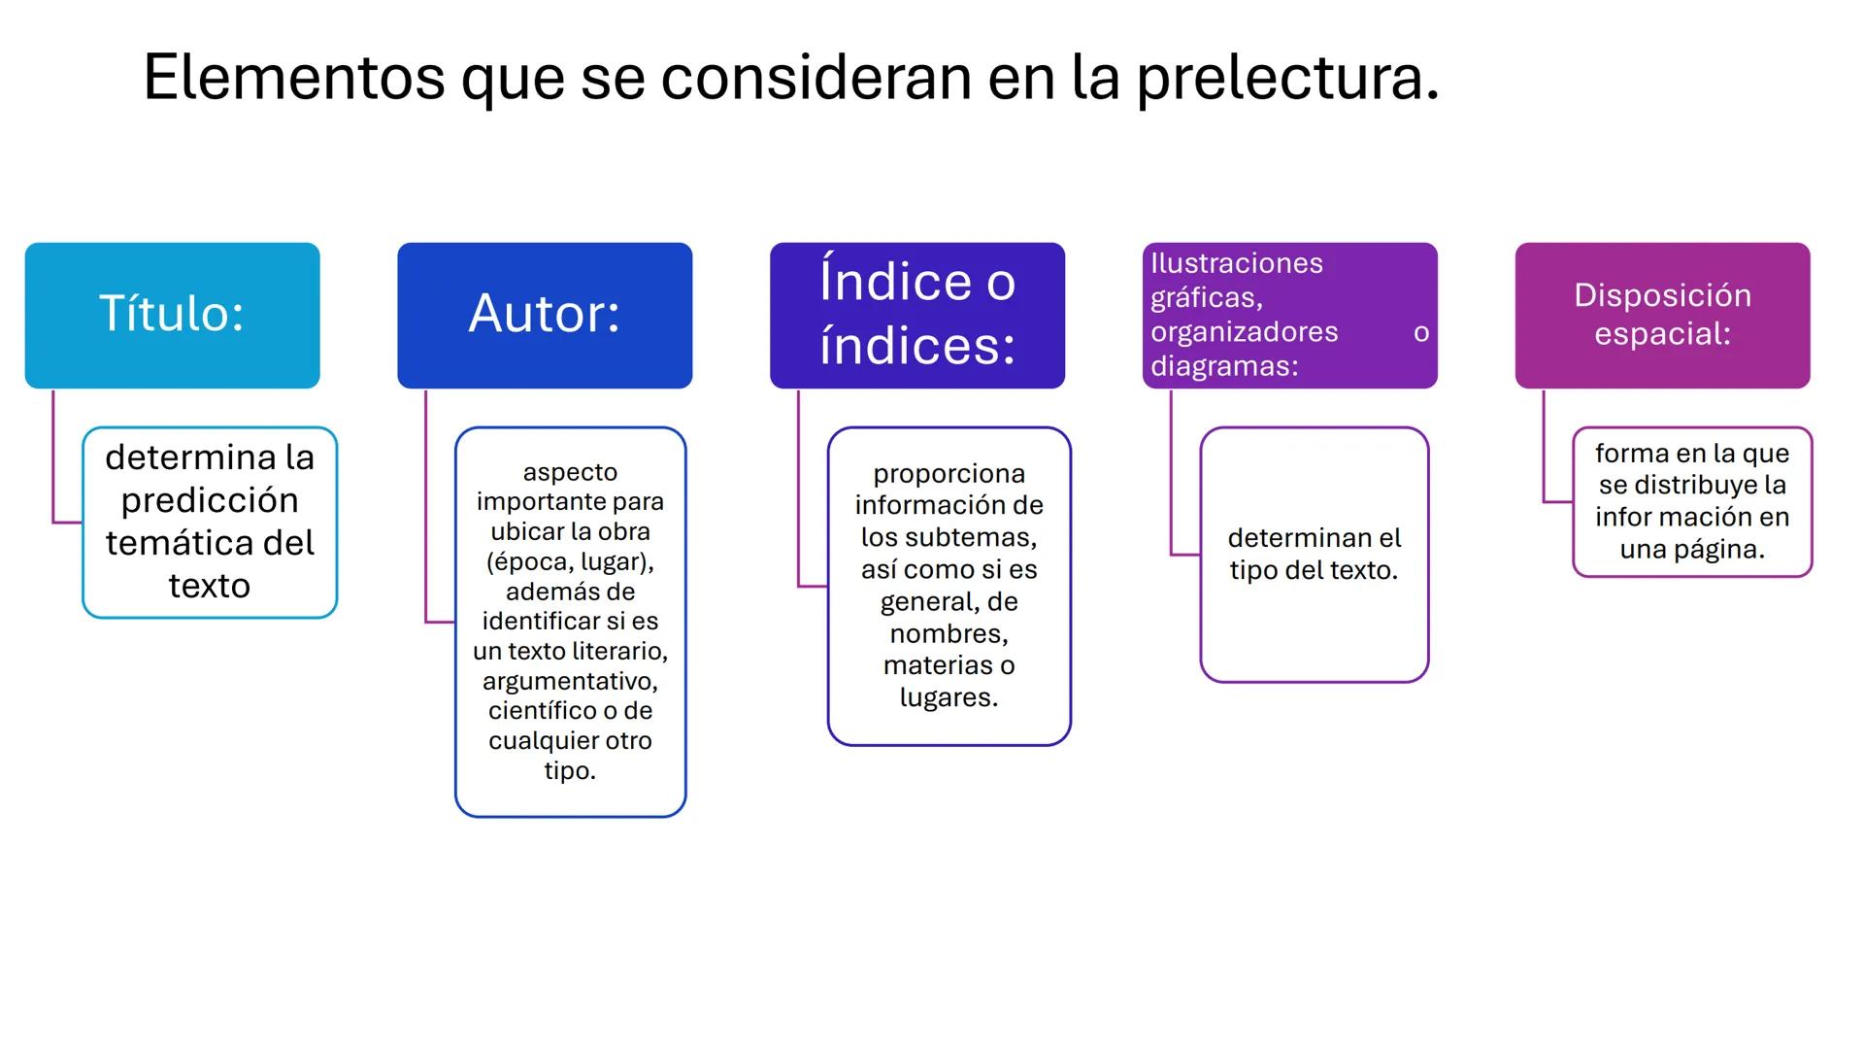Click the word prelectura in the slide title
tap(1286, 78)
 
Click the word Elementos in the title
tap(293, 78)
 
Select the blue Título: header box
tap(172, 315)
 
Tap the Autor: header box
tap(545, 315)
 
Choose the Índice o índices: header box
tap(917, 315)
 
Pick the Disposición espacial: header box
tap(1662, 315)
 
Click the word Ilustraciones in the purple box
tap(1236, 263)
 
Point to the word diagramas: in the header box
tap(1224, 366)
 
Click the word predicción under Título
tap(210, 500)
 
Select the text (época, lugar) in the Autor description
tap(570, 561)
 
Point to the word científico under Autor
tap(542, 711)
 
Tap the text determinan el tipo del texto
tap(1314, 554)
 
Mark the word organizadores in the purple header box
tap(1244, 332)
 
